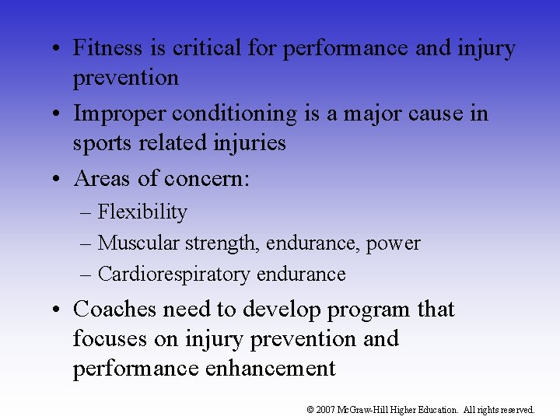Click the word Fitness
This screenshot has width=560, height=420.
coord(109,48)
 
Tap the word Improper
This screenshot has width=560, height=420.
coord(120,114)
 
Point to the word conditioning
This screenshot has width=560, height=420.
coord(235,114)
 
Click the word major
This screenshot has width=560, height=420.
coord(369,114)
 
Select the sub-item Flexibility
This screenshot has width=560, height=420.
coord(142,212)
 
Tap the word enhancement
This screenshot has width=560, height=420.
coord(270,369)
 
